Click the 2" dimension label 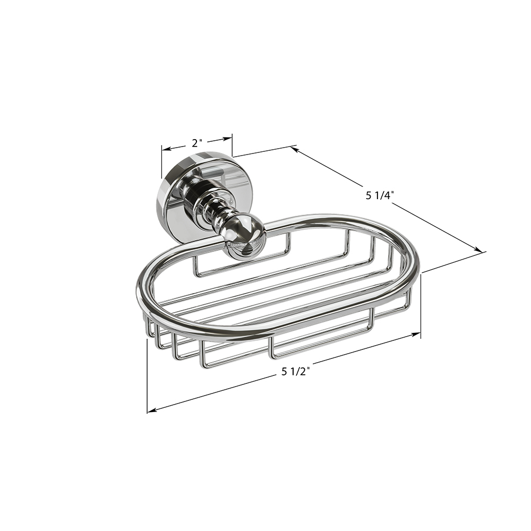pos(197,143)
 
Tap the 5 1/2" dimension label pos(296,372)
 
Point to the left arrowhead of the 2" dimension pos(166,149)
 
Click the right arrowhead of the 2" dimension pos(228,138)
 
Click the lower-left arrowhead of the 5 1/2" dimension pos(151,410)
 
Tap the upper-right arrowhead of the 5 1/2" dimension pos(416,335)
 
